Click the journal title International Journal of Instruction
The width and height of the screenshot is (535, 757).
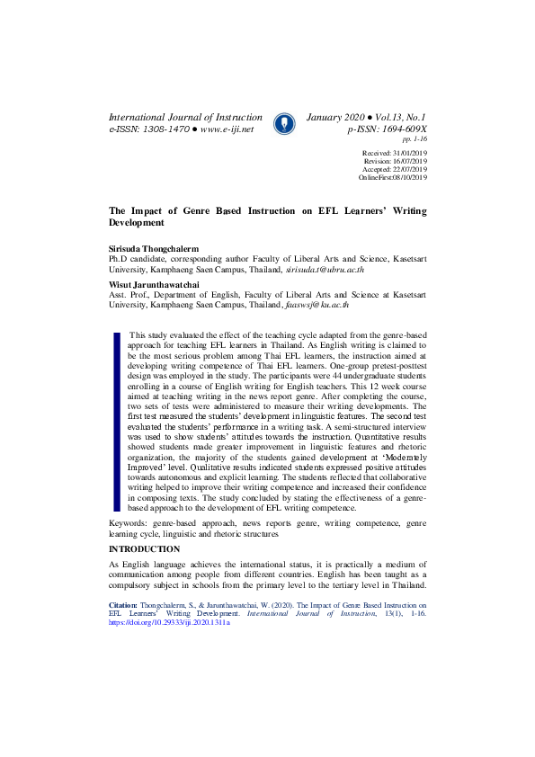pyautogui.click(x=185, y=118)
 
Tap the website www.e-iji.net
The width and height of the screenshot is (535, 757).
pyautogui.click(x=227, y=129)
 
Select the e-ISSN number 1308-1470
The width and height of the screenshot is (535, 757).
pyautogui.click(x=165, y=129)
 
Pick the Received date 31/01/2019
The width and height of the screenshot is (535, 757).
pyautogui.click(x=410, y=155)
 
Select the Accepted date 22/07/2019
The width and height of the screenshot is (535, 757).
pyautogui.click(x=410, y=169)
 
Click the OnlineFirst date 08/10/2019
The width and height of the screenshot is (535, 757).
pyautogui.click(x=410, y=177)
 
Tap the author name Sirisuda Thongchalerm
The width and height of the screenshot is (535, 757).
pyautogui.click(x=154, y=246)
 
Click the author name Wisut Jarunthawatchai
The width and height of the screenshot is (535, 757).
pyautogui.click(x=154, y=284)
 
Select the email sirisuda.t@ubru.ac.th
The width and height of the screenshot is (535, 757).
pyautogui.click(x=325, y=269)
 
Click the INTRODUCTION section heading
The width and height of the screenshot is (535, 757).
pyautogui.click(x=144, y=548)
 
